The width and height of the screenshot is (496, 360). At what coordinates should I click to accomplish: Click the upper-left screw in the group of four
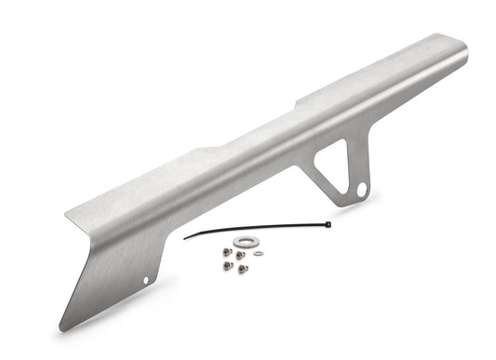(x=227, y=252)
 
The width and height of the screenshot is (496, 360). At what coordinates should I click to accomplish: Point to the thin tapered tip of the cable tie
(x=183, y=238)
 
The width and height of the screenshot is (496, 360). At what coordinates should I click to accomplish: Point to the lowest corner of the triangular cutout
(x=341, y=190)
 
